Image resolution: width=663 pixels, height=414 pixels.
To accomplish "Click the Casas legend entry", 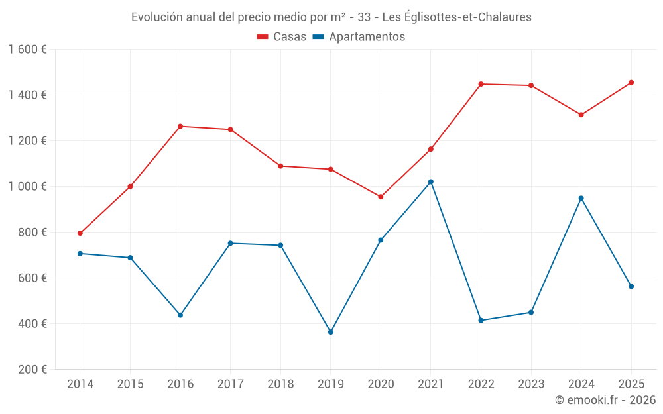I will pyautogui.click(x=282, y=37).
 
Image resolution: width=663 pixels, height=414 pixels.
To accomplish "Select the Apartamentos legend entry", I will pyautogui.click(x=359, y=37).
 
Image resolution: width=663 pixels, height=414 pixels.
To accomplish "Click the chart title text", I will pyautogui.click(x=331, y=17).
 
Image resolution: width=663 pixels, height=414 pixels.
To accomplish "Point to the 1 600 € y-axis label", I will pyautogui.click(x=27, y=50).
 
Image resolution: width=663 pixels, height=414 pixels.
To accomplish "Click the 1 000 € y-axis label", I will pyautogui.click(x=27, y=187).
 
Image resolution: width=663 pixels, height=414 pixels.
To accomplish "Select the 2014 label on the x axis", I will pyautogui.click(x=80, y=384).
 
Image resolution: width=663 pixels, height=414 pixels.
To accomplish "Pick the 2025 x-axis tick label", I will pyautogui.click(x=631, y=384).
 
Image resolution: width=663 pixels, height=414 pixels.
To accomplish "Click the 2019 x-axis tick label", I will pyautogui.click(x=330, y=384).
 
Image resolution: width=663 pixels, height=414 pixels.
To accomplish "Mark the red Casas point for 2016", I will pyautogui.click(x=180, y=126).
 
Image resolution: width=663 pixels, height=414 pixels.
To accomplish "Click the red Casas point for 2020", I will pyautogui.click(x=381, y=197).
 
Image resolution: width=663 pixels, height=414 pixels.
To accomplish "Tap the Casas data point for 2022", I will pyautogui.click(x=481, y=84).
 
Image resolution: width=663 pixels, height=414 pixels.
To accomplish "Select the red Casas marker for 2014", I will pyautogui.click(x=80, y=233).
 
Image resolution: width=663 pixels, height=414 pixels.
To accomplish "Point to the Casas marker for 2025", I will pyautogui.click(x=631, y=83).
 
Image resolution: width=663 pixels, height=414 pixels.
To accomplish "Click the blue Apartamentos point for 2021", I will pyautogui.click(x=431, y=181).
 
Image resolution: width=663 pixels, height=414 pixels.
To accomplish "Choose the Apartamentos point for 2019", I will pyautogui.click(x=330, y=332).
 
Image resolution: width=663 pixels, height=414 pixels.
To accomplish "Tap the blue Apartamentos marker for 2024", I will pyautogui.click(x=581, y=198).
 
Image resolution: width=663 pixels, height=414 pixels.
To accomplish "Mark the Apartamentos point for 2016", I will pyautogui.click(x=180, y=315).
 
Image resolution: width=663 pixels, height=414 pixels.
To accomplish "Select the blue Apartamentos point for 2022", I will pyautogui.click(x=481, y=321).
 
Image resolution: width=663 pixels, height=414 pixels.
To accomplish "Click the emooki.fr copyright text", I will pyautogui.click(x=605, y=400).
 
